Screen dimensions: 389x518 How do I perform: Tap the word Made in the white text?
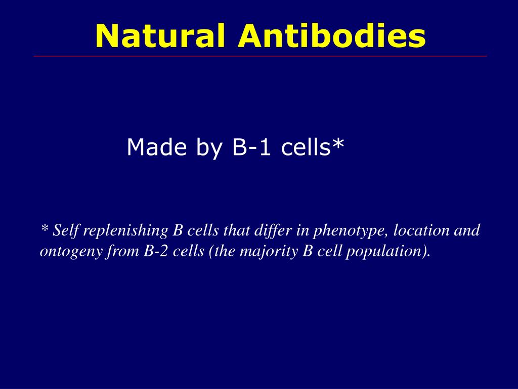pos(155,147)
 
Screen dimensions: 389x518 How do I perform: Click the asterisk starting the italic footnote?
pos(44,229)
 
